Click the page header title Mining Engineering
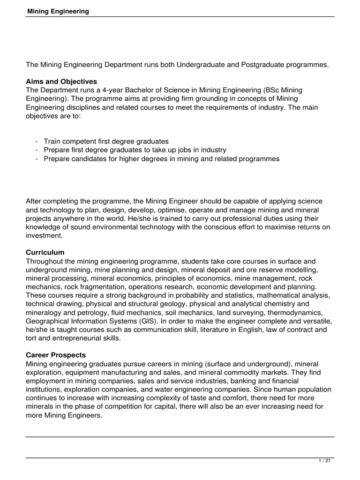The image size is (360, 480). [x=57, y=11]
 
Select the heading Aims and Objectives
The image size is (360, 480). [x=61, y=82]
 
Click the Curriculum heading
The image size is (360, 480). [x=45, y=252]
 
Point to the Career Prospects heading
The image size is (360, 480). [x=56, y=355]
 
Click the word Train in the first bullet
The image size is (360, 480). [x=52, y=141]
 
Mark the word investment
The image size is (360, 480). [x=43, y=236]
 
